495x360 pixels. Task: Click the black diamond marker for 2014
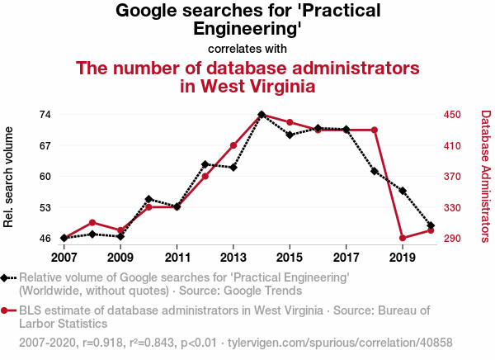[262, 115]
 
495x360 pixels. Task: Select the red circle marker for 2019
[402, 239]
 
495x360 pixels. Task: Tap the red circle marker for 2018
[375, 130]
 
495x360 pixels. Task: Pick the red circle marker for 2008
[92, 223]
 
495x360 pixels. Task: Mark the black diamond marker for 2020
[431, 225]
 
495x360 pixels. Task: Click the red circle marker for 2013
[233, 145]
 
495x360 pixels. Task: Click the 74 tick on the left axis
[45, 114]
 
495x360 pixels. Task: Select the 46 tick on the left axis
[45, 239]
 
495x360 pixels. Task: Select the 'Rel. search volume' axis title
[10, 177]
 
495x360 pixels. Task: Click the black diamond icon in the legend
[7, 278]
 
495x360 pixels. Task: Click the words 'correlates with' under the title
[247, 49]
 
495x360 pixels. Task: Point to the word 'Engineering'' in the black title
[247, 29]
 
